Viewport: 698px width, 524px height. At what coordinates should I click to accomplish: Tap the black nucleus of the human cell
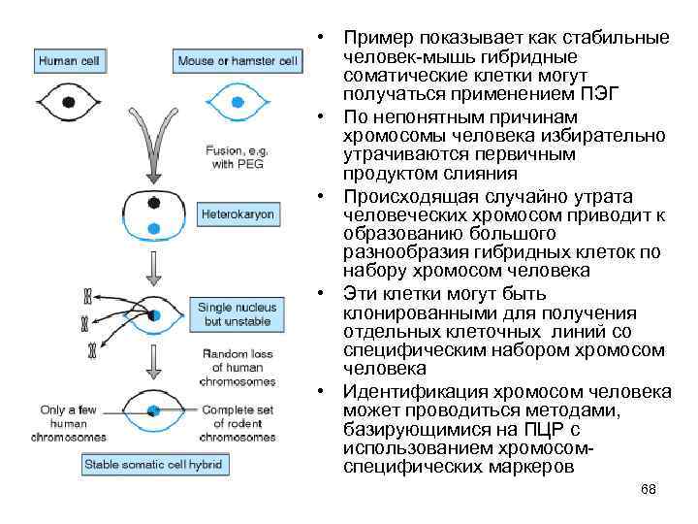click(x=67, y=102)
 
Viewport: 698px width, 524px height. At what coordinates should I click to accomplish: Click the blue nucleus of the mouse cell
click(x=237, y=102)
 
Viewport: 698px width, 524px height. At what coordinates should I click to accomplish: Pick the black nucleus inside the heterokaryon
click(x=153, y=202)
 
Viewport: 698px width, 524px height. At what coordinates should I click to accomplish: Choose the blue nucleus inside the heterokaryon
click(x=153, y=228)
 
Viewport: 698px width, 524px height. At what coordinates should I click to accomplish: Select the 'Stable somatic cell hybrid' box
click(x=155, y=464)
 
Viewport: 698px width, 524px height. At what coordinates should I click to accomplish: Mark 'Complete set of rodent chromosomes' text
click(x=238, y=423)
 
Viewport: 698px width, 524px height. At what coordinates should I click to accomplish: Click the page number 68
click(x=649, y=490)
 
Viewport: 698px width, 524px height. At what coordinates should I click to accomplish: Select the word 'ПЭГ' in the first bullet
click(x=597, y=92)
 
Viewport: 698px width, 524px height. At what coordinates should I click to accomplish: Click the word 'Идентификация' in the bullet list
click(x=408, y=392)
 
